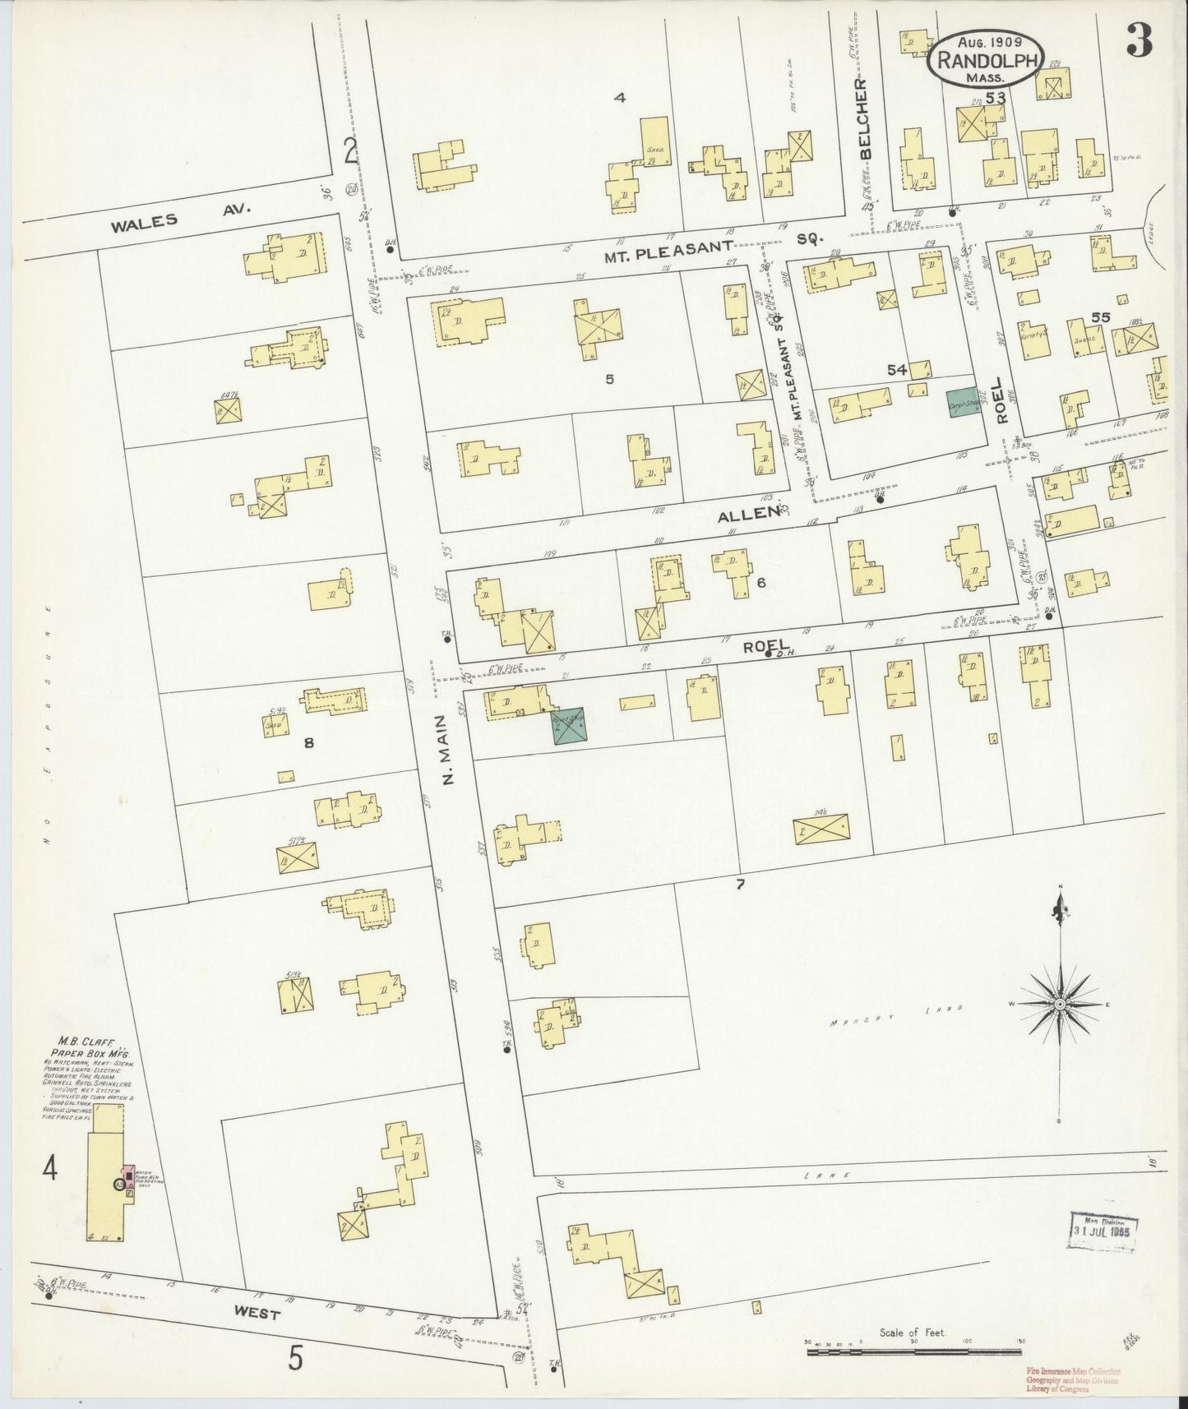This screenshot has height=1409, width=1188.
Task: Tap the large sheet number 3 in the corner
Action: tap(1138, 39)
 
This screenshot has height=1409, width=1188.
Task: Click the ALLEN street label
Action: tap(748, 514)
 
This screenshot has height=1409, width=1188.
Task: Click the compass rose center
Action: tap(1061, 1005)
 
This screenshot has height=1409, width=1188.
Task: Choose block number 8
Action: tap(309, 743)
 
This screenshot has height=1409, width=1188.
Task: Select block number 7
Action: tap(740, 885)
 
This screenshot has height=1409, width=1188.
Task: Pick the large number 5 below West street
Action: tap(295, 1359)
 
